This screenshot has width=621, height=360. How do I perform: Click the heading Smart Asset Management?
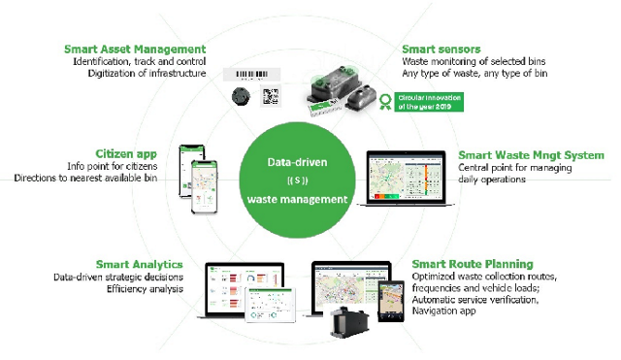coord(135,49)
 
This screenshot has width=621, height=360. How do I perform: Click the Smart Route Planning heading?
coord(472,264)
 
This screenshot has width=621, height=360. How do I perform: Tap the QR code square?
coord(270,97)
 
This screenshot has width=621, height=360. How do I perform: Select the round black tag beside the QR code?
coord(240,97)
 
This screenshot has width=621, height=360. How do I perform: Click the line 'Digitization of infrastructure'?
coord(147,73)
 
